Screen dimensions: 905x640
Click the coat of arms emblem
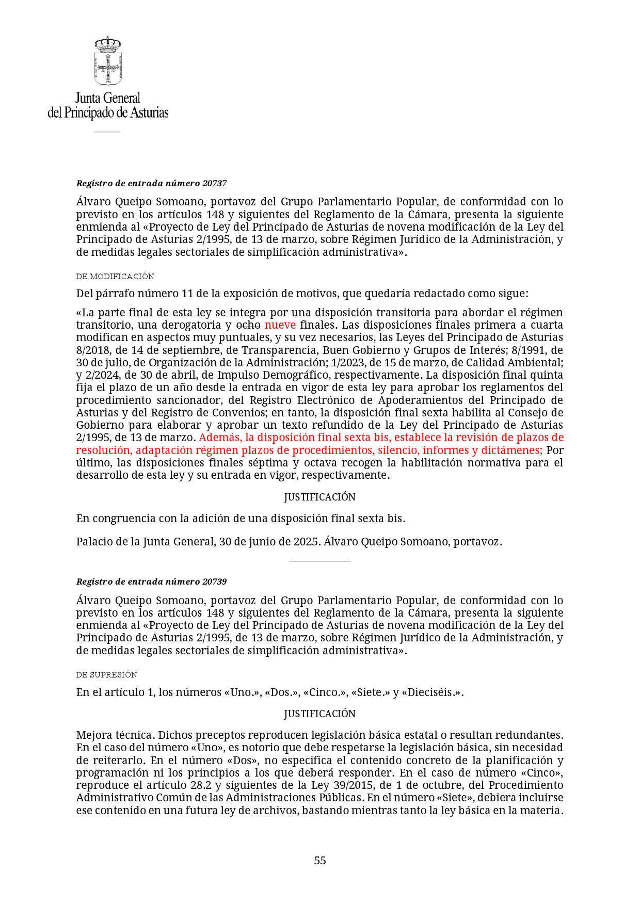pos(108,61)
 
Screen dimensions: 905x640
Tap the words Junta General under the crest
pos(108,98)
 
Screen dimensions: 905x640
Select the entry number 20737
pos(215,183)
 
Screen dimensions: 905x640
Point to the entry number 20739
pos(215,581)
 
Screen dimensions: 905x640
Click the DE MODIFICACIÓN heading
pos(115,277)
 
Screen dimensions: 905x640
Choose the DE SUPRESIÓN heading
pos(107,675)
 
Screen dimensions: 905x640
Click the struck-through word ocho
pos(248,325)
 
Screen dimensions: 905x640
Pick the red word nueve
pos(280,325)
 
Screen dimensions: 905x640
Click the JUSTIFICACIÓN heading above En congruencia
pos(319,497)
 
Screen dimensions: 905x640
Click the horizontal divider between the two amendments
pos(319,561)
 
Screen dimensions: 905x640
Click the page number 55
pos(320,860)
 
